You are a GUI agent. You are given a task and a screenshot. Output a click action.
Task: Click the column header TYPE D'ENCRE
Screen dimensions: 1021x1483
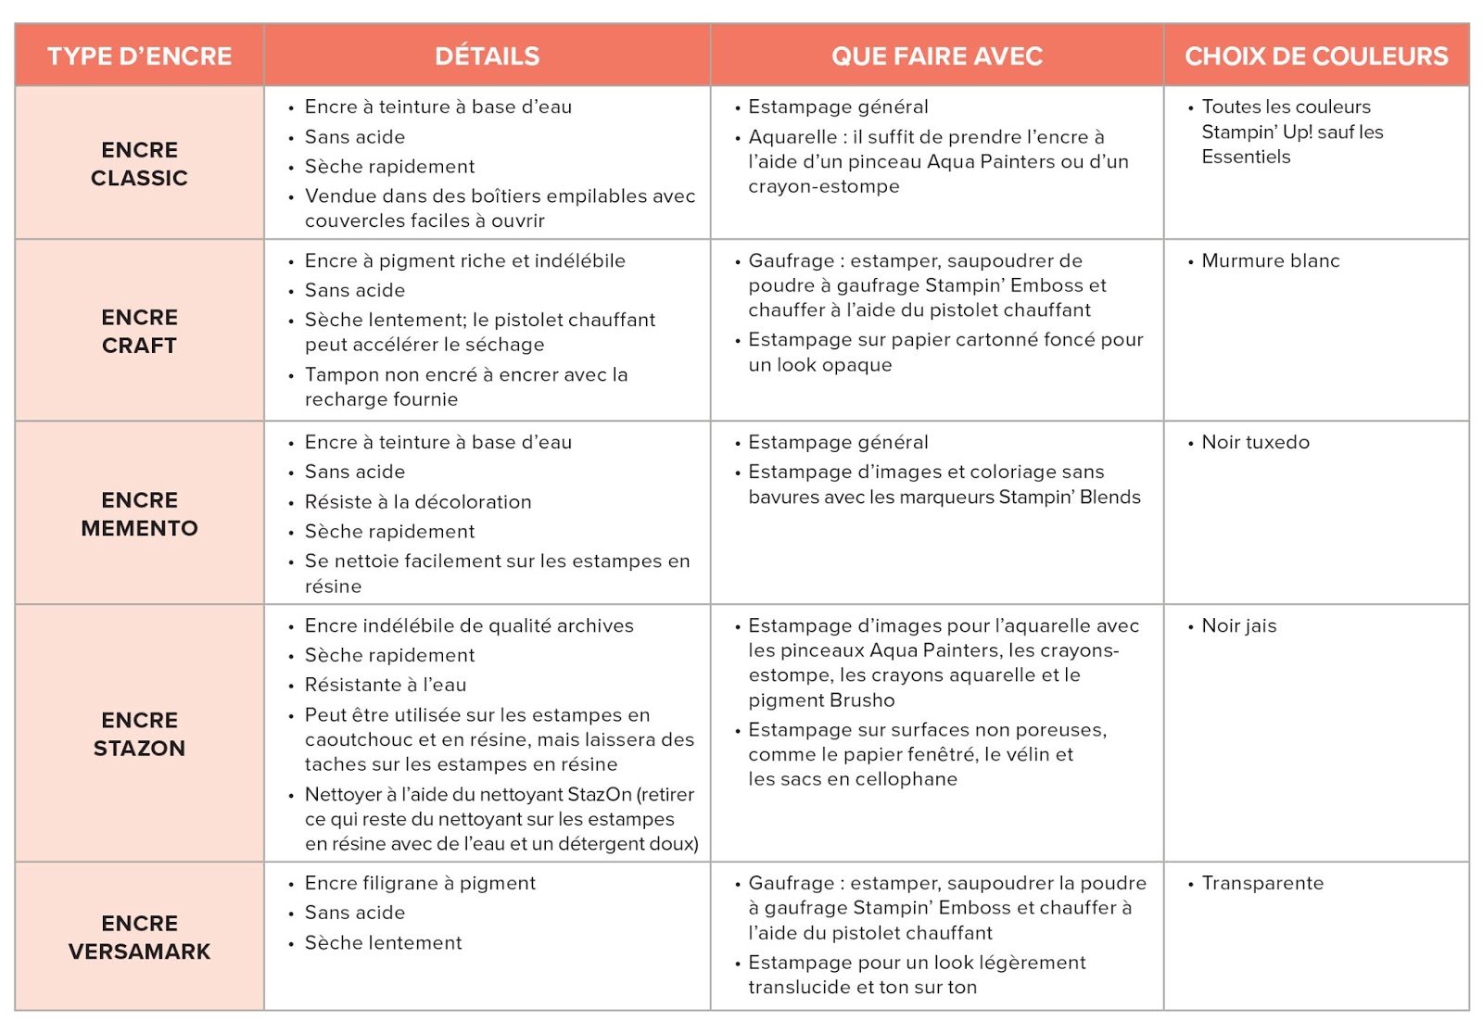coord(139,57)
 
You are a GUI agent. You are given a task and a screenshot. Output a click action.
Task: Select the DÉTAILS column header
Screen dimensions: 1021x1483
coord(487,57)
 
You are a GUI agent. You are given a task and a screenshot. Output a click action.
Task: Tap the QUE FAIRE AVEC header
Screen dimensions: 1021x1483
coord(936,57)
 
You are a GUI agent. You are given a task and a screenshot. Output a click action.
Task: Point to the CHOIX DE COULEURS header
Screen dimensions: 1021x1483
coord(1316,57)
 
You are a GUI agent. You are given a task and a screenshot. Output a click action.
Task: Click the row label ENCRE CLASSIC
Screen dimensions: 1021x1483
coord(139,164)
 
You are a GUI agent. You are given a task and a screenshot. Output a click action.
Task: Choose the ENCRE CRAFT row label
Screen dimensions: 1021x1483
coord(139,331)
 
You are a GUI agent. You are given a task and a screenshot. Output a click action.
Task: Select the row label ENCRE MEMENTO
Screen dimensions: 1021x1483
coord(139,514)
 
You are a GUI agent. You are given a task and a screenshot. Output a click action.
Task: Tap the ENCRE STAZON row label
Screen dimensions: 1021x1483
coord(139,734)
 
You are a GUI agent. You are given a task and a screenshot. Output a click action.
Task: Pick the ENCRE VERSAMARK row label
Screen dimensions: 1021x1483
coord(139,938)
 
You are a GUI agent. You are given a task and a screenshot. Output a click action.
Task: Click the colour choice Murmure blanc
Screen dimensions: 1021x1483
coord(1270,261)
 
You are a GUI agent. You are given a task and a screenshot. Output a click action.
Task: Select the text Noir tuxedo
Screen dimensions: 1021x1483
coord(1255,443)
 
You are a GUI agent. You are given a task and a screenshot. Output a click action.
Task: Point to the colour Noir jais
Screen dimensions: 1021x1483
coord(1238,626)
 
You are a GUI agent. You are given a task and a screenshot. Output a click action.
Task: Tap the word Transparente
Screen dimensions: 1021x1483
coord(1262,884)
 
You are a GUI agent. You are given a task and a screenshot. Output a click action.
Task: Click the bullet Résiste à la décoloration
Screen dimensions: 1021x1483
coord(418,502)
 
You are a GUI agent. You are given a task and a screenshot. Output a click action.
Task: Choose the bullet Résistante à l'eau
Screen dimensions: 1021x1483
coord(386,686)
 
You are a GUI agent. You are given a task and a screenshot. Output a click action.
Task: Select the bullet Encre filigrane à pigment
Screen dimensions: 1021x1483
coord(420,884)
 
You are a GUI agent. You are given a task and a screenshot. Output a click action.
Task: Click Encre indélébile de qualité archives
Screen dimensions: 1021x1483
coord(469,626)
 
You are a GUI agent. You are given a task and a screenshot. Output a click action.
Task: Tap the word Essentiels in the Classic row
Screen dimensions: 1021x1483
coord(1246,158)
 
